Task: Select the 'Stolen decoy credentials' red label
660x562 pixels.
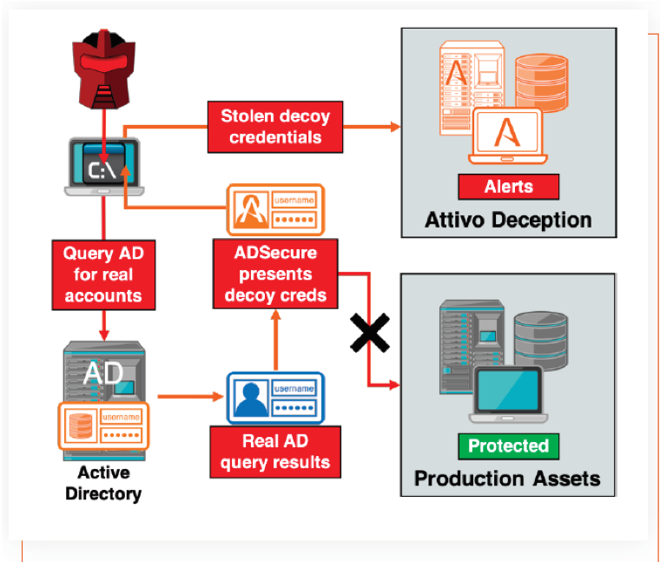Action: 275,126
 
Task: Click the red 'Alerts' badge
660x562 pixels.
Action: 509,186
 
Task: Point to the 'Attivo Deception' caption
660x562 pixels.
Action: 508,218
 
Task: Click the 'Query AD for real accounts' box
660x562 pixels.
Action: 103,275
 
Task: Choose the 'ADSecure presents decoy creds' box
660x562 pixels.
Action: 275,274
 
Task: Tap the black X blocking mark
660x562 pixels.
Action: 368,332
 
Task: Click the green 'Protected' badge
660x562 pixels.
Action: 509,446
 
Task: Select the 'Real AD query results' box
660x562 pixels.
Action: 274,452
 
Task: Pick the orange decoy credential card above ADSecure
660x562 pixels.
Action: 275,209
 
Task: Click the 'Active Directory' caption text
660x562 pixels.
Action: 103,483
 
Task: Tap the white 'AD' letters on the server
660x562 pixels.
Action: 103,373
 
